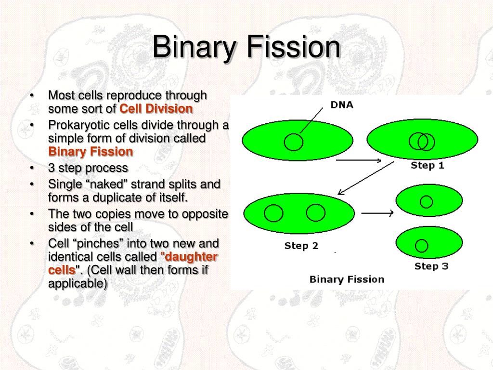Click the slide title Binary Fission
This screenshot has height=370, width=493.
(x=246, y=48)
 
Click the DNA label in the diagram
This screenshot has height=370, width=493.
(x=341, y=105)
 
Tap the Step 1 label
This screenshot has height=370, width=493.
(x=427, y=165)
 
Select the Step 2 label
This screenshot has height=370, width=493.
(x=301, y=246)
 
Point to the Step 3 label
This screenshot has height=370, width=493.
(x=431, y=266)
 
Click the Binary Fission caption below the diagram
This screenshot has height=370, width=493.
(x=347, y=279)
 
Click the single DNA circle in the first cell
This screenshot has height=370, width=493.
(x=294, y=142)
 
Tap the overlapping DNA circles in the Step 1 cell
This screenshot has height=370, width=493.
(x=422, y=142)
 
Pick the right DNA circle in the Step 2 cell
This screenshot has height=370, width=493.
(x=316, y=212)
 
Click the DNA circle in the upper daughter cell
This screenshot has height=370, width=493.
(x=426, y=201)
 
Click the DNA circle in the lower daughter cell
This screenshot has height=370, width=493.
(x=422, y=245)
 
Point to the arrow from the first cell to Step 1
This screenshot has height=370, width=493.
(x=359, y=160)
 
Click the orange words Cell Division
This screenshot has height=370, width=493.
(x=156, y=109)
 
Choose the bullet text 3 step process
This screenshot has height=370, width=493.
(x=88, y=168)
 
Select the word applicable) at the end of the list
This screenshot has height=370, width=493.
(x=78, y=283)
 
